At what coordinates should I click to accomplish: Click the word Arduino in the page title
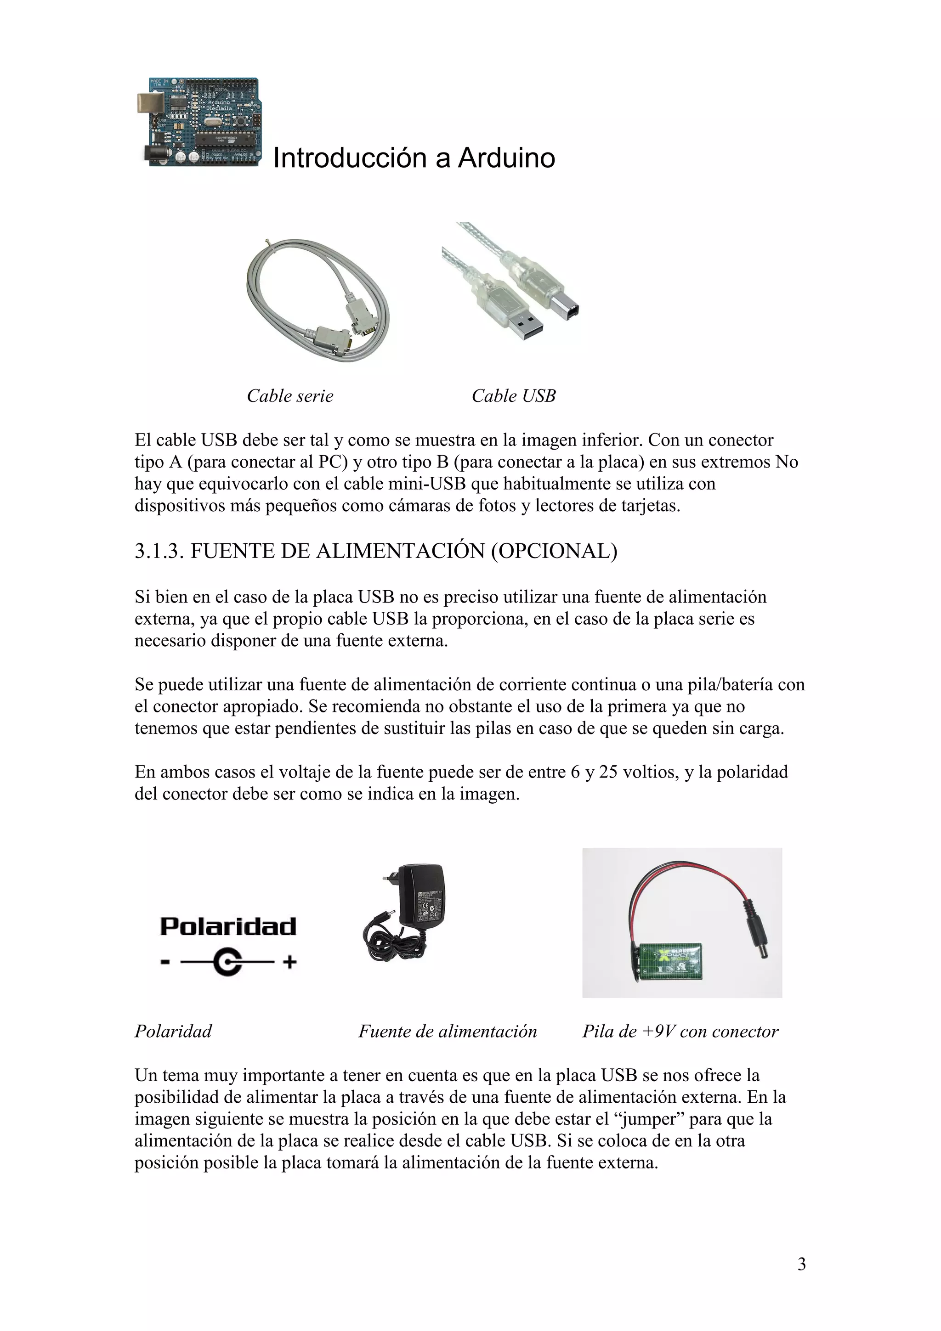pos(506,158)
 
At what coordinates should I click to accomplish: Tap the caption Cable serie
pos(290,396)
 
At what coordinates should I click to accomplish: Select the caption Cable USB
pos(513,396)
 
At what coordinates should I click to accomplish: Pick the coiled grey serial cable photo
pos(317,299)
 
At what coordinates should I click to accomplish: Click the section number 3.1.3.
pos(159,551)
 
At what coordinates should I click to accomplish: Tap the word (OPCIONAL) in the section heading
pos(554,551)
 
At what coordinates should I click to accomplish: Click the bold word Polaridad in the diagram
pos(228,926)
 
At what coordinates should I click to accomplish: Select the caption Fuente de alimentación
pos(448,1031)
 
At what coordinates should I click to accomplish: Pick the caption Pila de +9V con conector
pos(680,1031)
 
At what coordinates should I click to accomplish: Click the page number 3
pos(801,1264)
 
